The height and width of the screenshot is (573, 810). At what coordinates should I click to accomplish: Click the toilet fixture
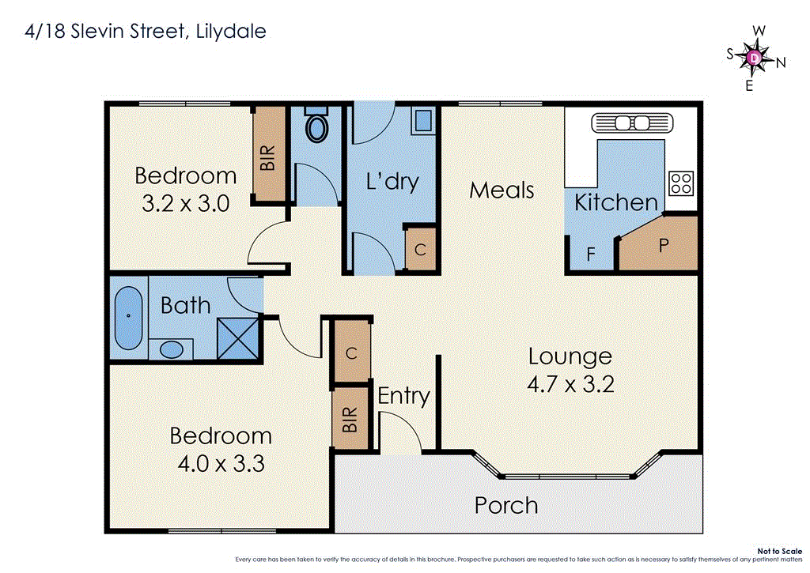tap(319, 126)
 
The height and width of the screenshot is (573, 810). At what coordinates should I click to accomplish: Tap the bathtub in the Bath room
tap(128, 319)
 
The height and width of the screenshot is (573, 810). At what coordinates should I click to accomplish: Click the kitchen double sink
tap(632, 123)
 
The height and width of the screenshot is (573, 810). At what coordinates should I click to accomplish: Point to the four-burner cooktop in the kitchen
tap(680, 183)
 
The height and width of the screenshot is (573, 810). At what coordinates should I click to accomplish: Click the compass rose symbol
tap(755, 58)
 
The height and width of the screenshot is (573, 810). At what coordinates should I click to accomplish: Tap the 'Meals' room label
tap(502, 190)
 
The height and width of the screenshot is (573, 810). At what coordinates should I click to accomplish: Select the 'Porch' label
tap(506, 505)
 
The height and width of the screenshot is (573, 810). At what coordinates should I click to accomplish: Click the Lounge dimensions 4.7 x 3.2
tap(570, 384)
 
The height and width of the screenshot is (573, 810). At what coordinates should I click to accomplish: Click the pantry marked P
tap(663, 246)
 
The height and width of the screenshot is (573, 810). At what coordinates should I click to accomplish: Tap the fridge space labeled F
tap(590, 254)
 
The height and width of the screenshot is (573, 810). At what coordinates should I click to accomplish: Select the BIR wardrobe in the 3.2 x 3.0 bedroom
tap(268, 154)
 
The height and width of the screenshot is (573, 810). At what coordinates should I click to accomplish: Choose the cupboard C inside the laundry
tap(420, 250)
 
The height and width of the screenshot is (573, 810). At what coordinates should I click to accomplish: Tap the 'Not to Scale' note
tap(778, 551)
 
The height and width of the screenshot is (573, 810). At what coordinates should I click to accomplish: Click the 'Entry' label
tap(403, 395)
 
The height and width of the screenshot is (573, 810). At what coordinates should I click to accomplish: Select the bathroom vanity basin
tap(170, 349)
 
